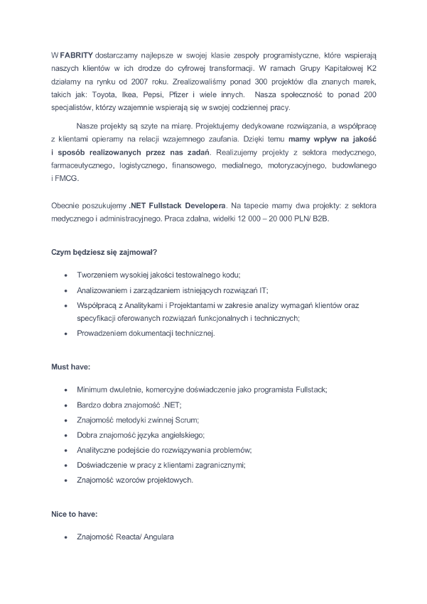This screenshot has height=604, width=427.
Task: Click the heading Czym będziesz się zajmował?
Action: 104,252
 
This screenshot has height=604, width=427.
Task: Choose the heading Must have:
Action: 70,367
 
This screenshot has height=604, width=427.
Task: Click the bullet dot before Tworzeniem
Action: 66,275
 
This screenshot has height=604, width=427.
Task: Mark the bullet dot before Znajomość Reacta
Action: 66,537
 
